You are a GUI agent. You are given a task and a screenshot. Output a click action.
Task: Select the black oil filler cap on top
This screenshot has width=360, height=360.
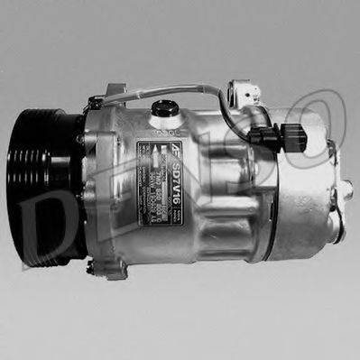click(x=163, y=108)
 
